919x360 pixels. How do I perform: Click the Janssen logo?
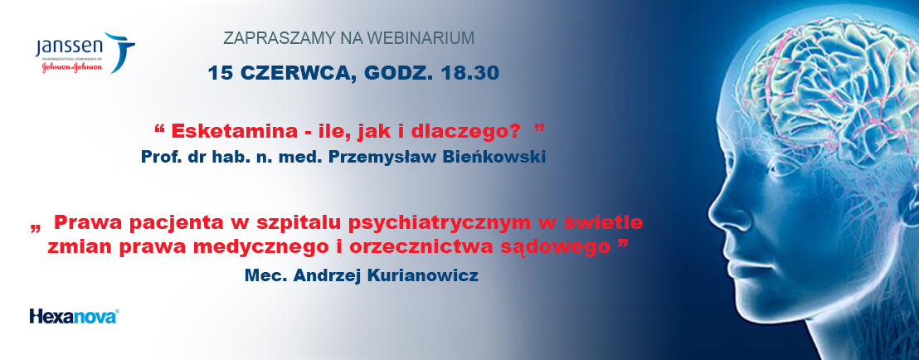pyautogui.click(x=85, y=53)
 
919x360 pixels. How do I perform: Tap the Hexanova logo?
pyautogui.click(x=74, y=316)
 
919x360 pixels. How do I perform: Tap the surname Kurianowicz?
pyautogui.click(x=422, y=275)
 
